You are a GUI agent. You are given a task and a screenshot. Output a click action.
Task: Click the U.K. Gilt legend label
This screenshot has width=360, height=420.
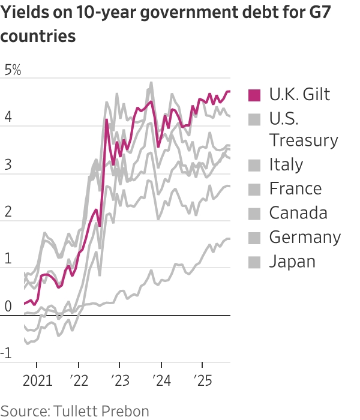[x=299, y=94]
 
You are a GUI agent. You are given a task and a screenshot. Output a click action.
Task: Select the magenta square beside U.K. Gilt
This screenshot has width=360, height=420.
[x=255, y=95]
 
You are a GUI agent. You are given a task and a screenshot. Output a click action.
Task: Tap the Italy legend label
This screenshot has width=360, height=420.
[x=286, y=164]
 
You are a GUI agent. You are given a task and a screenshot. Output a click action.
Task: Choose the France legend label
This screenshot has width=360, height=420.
[x=295, y=188]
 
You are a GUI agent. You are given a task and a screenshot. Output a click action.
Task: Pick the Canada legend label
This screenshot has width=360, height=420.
[x=298, y=213]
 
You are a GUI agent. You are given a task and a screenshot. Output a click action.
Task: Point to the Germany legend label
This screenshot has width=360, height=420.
[x=305, y=237]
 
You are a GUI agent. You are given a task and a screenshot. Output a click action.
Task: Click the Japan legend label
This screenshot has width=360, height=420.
[x=292, y=261]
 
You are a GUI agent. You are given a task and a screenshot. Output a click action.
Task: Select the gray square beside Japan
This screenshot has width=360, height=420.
[x=255, y=262]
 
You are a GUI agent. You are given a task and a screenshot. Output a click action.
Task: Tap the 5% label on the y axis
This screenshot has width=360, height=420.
[x=13, y=70]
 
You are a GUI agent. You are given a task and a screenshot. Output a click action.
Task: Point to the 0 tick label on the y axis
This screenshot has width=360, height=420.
[x=8, y=307]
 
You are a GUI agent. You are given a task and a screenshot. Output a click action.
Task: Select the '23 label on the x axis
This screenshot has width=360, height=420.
[x=119, y=382]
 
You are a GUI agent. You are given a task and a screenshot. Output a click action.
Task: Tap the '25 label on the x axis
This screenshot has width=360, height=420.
[x=202, y=382]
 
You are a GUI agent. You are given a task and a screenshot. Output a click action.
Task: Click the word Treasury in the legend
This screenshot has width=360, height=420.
[x=304, y=140]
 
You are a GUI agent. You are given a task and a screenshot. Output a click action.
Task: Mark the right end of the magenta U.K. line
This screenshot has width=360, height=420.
[x=230, y=91]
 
